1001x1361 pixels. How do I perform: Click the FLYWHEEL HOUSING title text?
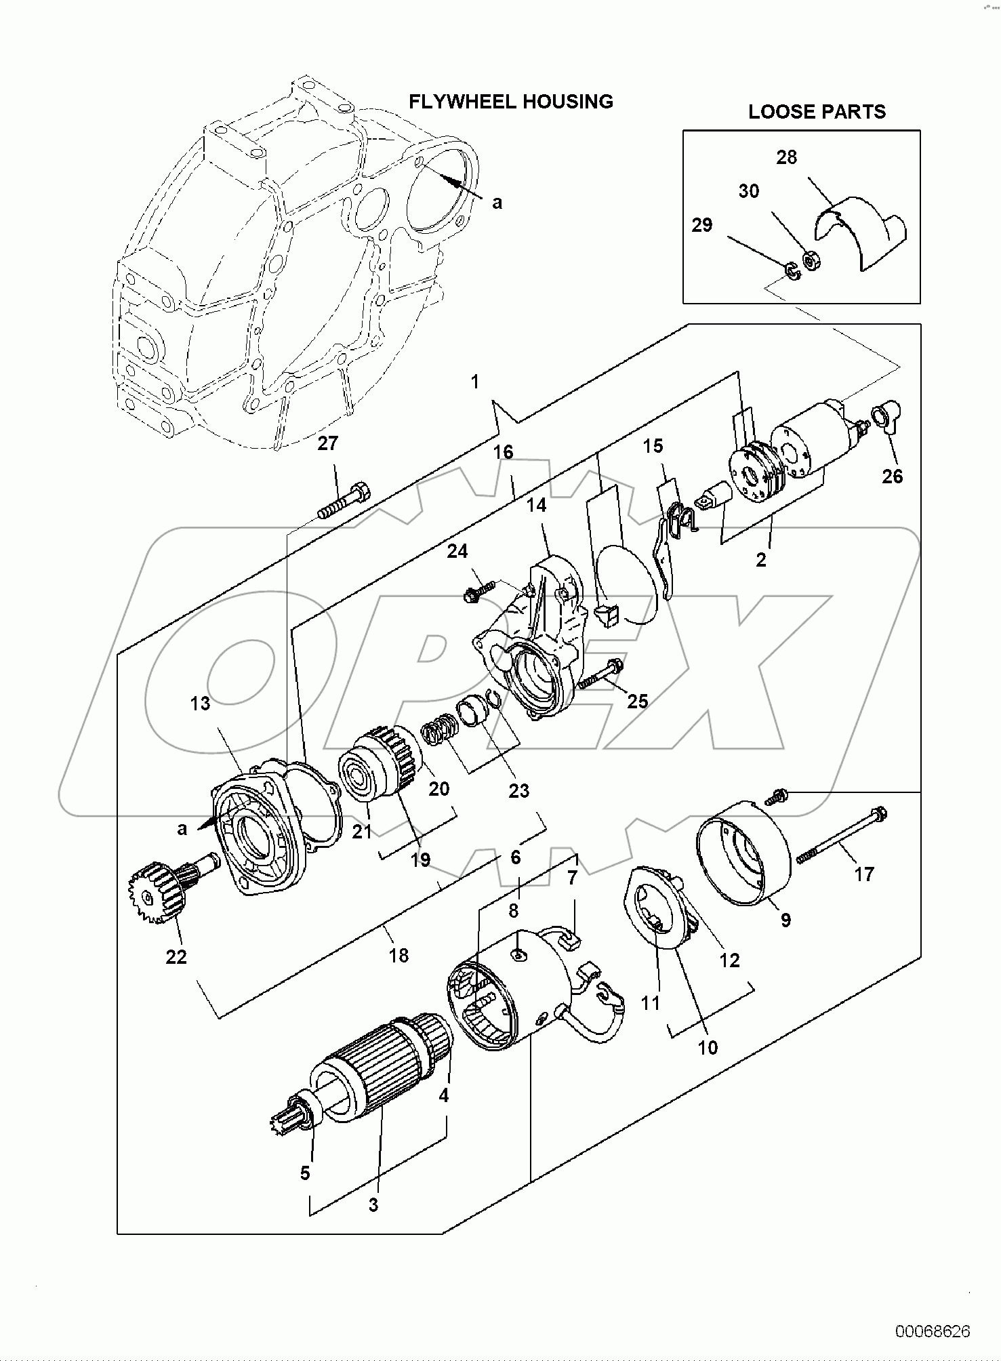point(510,102)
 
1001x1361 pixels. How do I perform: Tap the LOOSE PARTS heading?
point(817,112)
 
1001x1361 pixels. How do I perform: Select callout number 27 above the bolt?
point(327,443)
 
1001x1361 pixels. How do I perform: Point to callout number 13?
point(200,704)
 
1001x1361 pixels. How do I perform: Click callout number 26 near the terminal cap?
point(892,476)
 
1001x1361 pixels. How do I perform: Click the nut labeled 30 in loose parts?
point(809,259)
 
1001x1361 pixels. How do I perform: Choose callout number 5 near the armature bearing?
point(305,1173)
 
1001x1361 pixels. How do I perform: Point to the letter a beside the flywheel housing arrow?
point(497,202)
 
